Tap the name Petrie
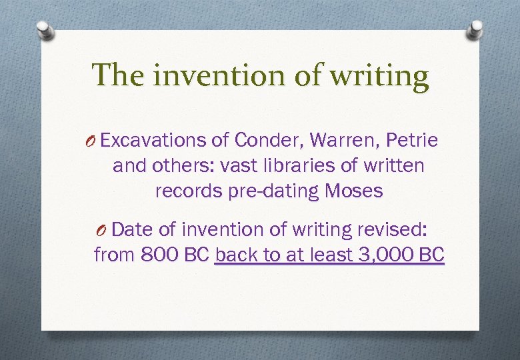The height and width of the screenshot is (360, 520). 412,141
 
